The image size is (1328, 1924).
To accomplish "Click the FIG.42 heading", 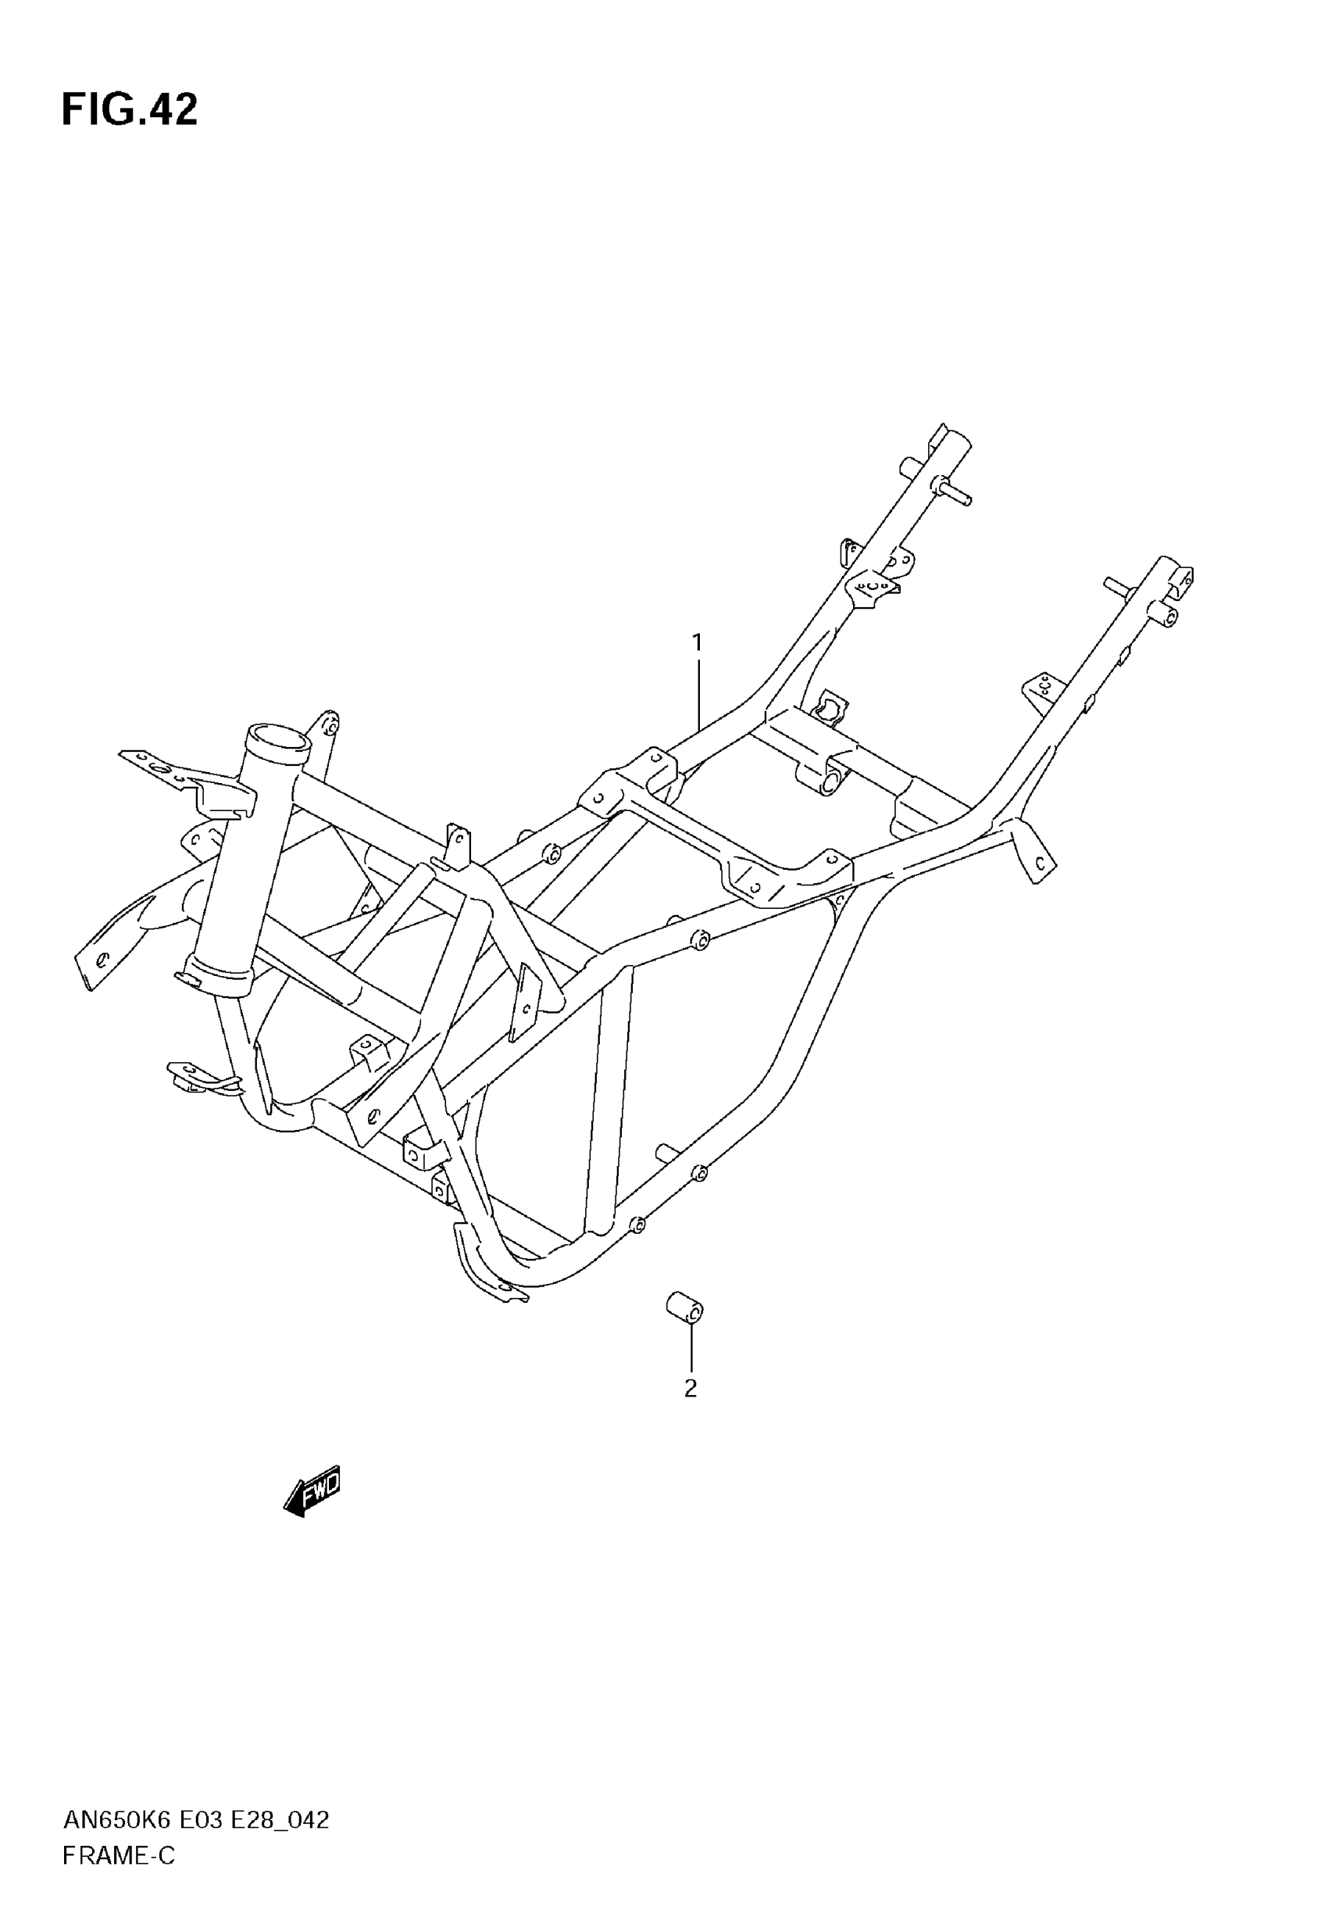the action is pos(130,110).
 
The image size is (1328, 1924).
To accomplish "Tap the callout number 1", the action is pos(698,642).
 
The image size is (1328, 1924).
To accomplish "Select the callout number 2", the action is pos(690,1388).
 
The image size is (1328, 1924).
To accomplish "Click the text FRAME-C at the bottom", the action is pos(118,1856).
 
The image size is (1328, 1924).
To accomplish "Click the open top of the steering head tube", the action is pos(277,737).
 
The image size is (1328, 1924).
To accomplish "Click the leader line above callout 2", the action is pos(691,1348).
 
